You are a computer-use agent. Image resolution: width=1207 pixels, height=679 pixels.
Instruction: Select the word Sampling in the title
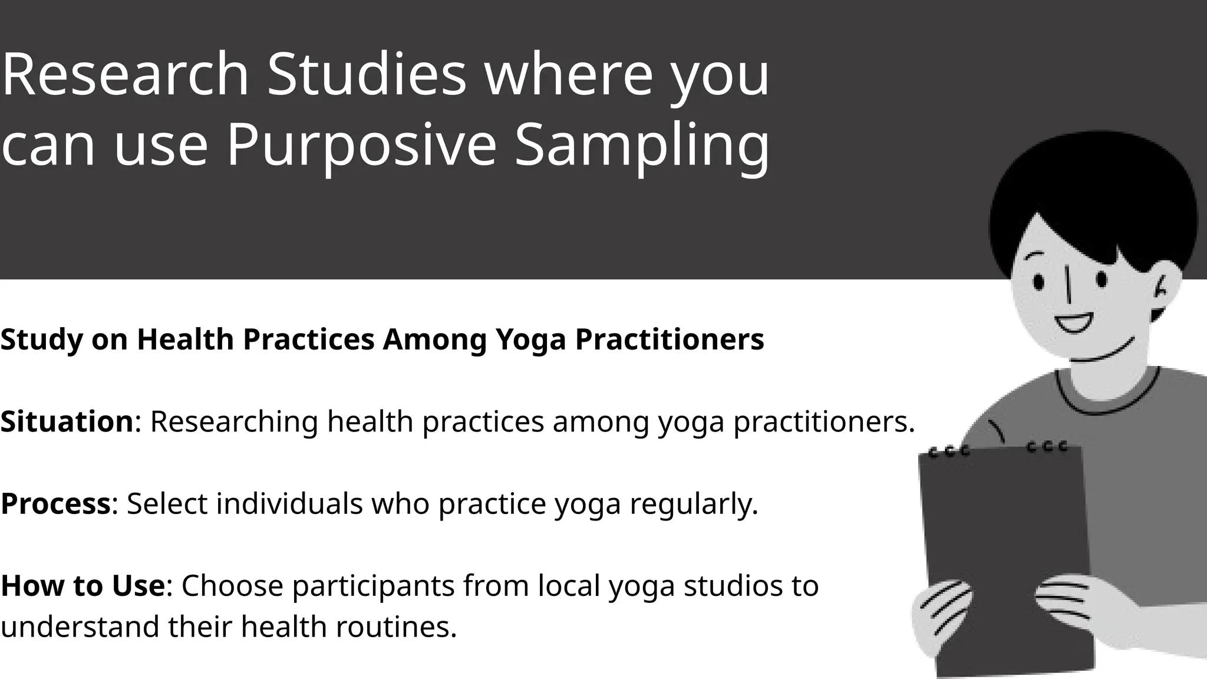tap(642, 145)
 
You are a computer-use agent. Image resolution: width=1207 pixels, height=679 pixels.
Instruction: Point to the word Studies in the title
tap(367, 75)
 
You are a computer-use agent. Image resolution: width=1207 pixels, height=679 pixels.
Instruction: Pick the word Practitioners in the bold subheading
tap(670, 339)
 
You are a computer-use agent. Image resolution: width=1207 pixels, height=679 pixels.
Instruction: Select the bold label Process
tap(55, 503)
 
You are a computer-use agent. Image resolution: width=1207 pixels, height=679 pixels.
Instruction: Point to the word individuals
tap(289, 503)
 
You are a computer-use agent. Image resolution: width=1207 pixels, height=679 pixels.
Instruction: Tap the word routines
tap(396, 626)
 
